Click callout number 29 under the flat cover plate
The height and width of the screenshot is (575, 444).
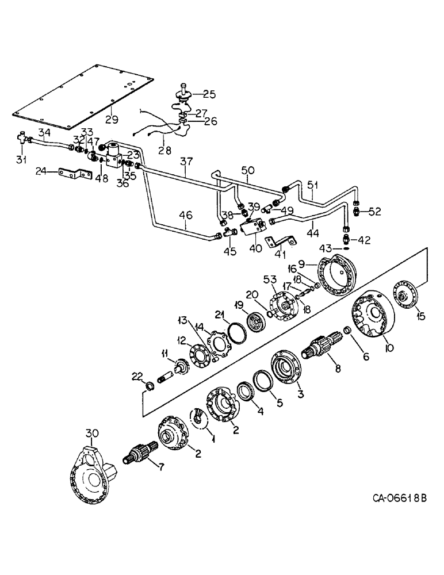tap(112, 120)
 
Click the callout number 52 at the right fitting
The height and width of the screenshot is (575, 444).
tap(375, 212)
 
